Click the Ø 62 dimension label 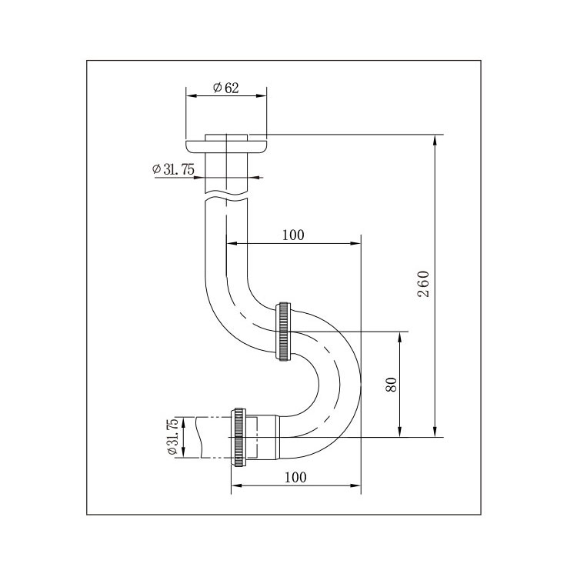pos(226,88)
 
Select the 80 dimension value pos(392,385)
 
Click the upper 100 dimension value pos(293,235)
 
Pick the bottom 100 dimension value pos(295,477)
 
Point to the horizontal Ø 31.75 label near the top pos(173,169)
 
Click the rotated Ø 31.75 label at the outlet pos(173,437)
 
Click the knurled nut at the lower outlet pos(238,437)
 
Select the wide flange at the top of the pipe pos(226,146)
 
